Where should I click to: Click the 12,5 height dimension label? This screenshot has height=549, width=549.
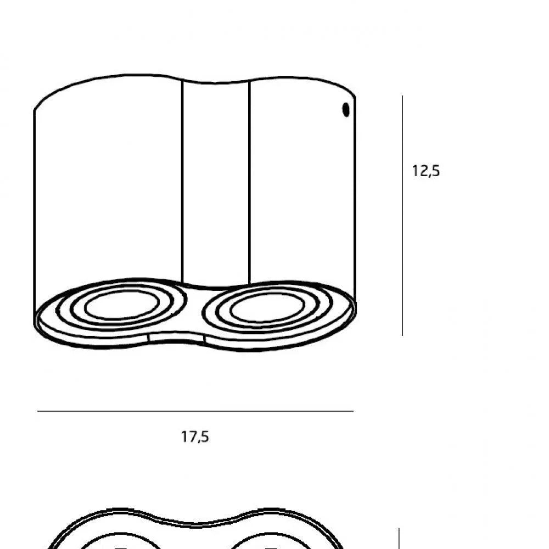coord(426,171)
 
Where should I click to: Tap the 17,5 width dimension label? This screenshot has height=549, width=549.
coord(195,437)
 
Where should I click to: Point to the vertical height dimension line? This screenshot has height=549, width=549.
coord(402,220)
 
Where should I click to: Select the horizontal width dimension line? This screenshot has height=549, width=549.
coord(195,411)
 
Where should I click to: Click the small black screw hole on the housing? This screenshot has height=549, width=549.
coord(346,110)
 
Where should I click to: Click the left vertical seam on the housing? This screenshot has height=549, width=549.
coord(182,181)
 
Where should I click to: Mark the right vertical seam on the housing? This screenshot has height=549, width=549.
coord(250,181)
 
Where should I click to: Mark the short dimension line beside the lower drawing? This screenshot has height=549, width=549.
coord(399,539)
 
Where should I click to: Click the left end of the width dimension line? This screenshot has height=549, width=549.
coord(38,411)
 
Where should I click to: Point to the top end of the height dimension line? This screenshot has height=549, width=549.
coord(402,97)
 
